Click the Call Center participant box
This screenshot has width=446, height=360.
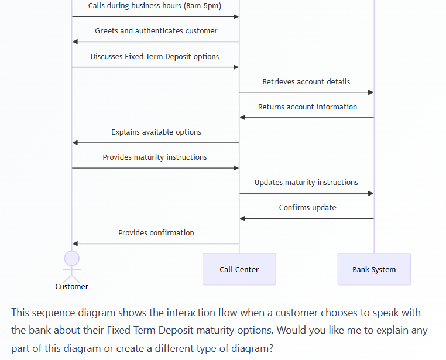coord(239,269)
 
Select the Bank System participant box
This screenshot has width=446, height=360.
coord(374,269)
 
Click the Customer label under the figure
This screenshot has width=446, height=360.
coord(71,287)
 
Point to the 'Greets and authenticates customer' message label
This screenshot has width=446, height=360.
coord(156,31)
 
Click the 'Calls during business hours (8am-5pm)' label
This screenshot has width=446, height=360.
coord(155,6)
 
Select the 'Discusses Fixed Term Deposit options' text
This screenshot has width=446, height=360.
coord(155,57)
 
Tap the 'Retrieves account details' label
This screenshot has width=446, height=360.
coord(306,82)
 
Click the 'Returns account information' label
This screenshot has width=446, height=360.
coord(307,107)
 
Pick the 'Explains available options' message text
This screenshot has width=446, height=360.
coord(156,132)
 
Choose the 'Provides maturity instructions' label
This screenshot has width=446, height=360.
coord(155,157)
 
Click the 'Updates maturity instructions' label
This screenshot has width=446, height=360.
coord(306,183)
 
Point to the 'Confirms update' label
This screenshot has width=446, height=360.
coord(307,208)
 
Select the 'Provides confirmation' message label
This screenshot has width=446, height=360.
coord(156,233)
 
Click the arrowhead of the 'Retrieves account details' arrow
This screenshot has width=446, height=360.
coord(370,92)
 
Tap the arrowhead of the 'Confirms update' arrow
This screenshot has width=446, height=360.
coord(243,218)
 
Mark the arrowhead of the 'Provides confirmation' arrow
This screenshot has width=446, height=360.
coord(76,244)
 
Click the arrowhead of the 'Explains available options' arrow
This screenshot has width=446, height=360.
coord(76,143)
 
